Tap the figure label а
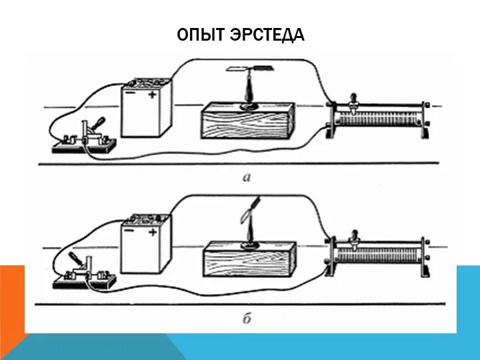247,177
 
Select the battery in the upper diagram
146,110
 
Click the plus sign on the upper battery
154,96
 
